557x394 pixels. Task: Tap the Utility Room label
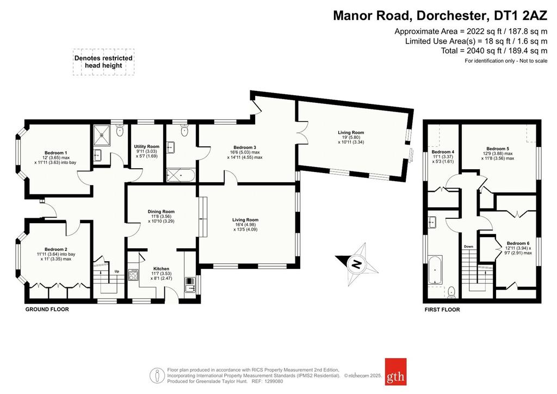[147, 146]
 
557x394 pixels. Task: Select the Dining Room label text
[161, 212]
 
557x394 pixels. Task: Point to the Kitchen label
[161, 269]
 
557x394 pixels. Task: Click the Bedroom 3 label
[245, 147]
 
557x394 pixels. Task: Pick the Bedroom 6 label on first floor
[518, 243]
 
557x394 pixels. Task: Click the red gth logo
[396, 372]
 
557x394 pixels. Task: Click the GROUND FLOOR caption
[47, 310]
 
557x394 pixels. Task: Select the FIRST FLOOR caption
[442, 310]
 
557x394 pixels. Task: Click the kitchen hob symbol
[133, 275]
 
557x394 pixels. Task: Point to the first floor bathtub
[435, 269]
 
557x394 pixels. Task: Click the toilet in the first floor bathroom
[451, 292]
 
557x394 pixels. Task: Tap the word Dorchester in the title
[450, 16]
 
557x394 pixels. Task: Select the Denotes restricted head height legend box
[104, 62]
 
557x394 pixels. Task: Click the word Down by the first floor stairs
[468, 247]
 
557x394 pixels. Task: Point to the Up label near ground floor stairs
[117, 272]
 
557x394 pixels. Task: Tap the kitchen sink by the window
[190, 284]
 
